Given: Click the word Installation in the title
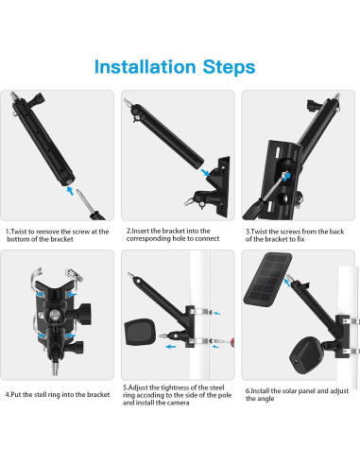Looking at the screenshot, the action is click(146, 67).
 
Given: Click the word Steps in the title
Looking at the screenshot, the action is click(229, 67).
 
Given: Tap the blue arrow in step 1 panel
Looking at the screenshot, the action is click(70, 190).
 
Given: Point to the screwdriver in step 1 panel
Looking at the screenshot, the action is click(91, 205).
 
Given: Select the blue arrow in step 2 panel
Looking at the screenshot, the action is click(205, 172).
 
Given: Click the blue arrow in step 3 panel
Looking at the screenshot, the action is click(286, 176).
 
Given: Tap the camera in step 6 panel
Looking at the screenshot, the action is click(306, 355).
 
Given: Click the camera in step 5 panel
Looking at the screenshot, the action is click(140, 333).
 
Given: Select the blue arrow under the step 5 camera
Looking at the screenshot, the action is click(171, 347).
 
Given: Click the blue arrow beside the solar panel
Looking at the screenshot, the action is click(287, 283).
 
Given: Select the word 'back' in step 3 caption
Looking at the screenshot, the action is click(336, 232).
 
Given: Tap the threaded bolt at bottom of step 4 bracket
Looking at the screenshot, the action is click(55, 368).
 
